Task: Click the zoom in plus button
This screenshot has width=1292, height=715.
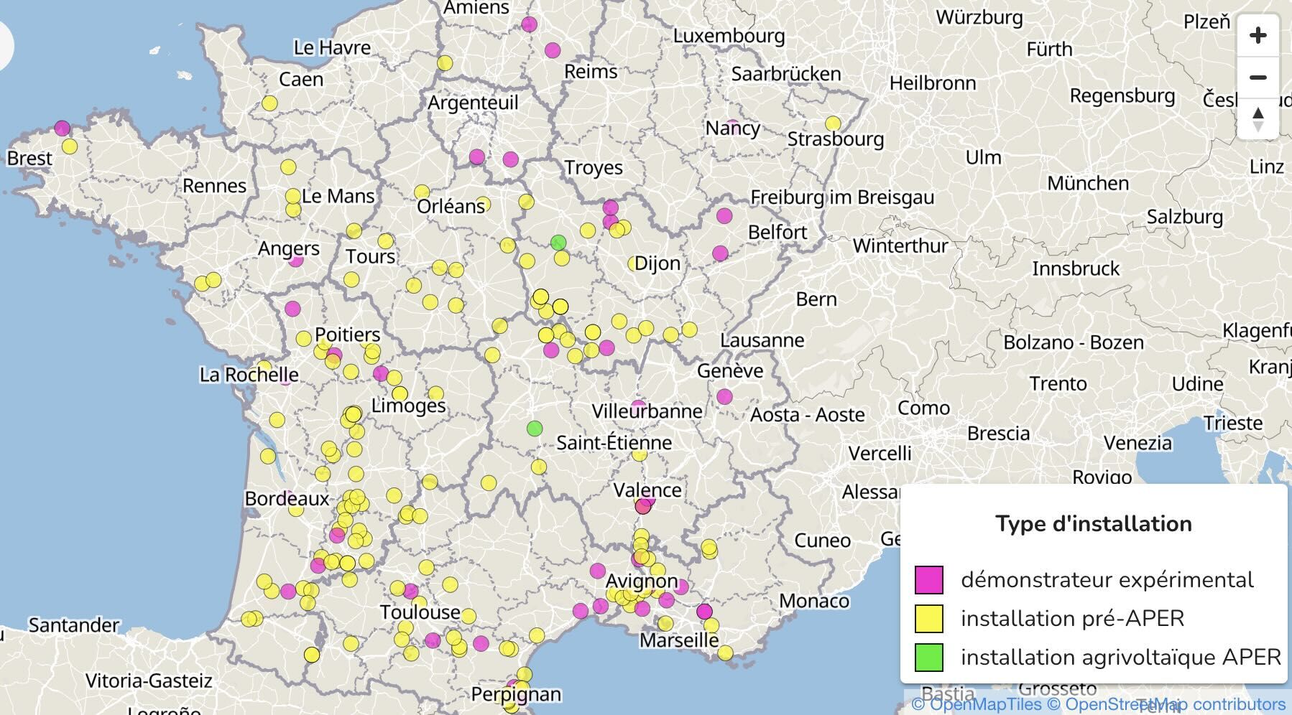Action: click(x=1258, y=35)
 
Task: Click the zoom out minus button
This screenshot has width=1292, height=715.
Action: click(x=1258, y=78)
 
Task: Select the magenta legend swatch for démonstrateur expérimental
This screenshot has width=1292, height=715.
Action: click(x=928, y=579)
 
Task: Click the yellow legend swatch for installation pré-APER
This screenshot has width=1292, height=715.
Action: click(x=928, y=618)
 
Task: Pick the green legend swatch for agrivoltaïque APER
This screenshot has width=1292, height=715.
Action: click(x=928, y=657)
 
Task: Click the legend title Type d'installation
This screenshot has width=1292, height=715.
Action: click(x=1093, y=523)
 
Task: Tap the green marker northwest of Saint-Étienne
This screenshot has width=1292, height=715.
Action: click(x=534, y=429)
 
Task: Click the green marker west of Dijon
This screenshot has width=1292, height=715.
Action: click(x=558, y=243)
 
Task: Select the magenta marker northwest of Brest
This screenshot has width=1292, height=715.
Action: click(x=62, y=128)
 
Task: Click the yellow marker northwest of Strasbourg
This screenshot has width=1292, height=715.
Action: click(x=833, y=123)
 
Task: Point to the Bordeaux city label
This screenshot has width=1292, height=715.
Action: click(x=286, y=498)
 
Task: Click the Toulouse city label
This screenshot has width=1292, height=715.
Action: click(x=420, y=612)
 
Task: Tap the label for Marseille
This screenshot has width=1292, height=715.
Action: click(x=678, y=639)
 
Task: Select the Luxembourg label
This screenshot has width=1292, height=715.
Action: click(x=729, y=35)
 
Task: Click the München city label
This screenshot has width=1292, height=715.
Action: click(x=1087, y=183)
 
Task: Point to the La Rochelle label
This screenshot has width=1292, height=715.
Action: click(x=249, y=375)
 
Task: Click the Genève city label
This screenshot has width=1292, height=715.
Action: click(x=729, y=370)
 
